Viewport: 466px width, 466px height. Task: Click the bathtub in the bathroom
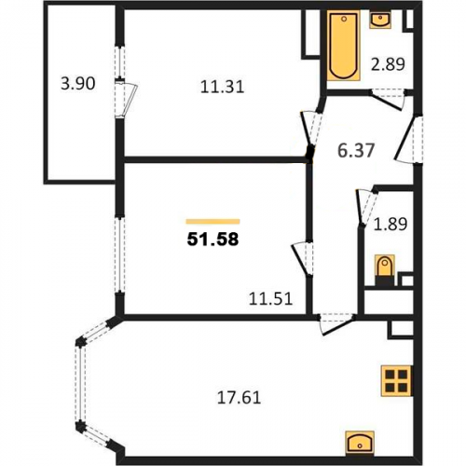click(343, 46)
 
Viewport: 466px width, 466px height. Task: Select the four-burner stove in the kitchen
click(397, 380)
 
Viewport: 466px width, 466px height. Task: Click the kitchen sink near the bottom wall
click(360, 444)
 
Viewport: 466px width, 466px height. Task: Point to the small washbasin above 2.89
click(380, 19)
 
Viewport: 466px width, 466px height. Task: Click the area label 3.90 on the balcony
click(78, 84)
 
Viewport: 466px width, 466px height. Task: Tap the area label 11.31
click(222, 87)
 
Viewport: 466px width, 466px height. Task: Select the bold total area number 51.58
click(212, 240)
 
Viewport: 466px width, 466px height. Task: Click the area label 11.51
click(271, 299)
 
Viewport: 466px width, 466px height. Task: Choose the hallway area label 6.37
click(356, 151)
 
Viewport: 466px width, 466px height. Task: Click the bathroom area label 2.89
click(389, 64)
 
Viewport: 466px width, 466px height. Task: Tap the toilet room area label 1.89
click(391, 224)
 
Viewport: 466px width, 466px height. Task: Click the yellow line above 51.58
click(213, 222)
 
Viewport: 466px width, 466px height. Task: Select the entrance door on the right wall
click(409, 139)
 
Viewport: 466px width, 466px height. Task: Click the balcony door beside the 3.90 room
click(125, 98)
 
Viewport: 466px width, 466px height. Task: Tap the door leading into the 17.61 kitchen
click(336, 324)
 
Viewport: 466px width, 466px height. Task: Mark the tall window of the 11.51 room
click(119, 254)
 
